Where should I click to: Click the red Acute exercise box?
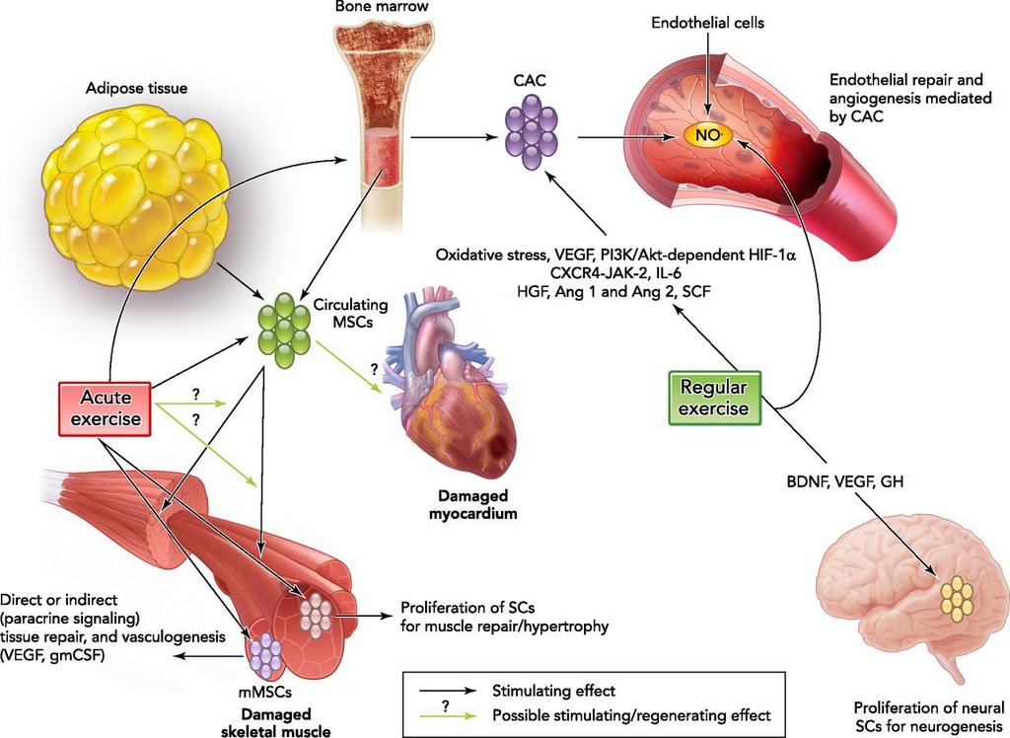[105, 407]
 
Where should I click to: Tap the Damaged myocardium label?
[480, 503]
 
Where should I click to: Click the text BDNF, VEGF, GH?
[845, 482]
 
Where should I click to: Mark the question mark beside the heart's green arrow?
[374, 369]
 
